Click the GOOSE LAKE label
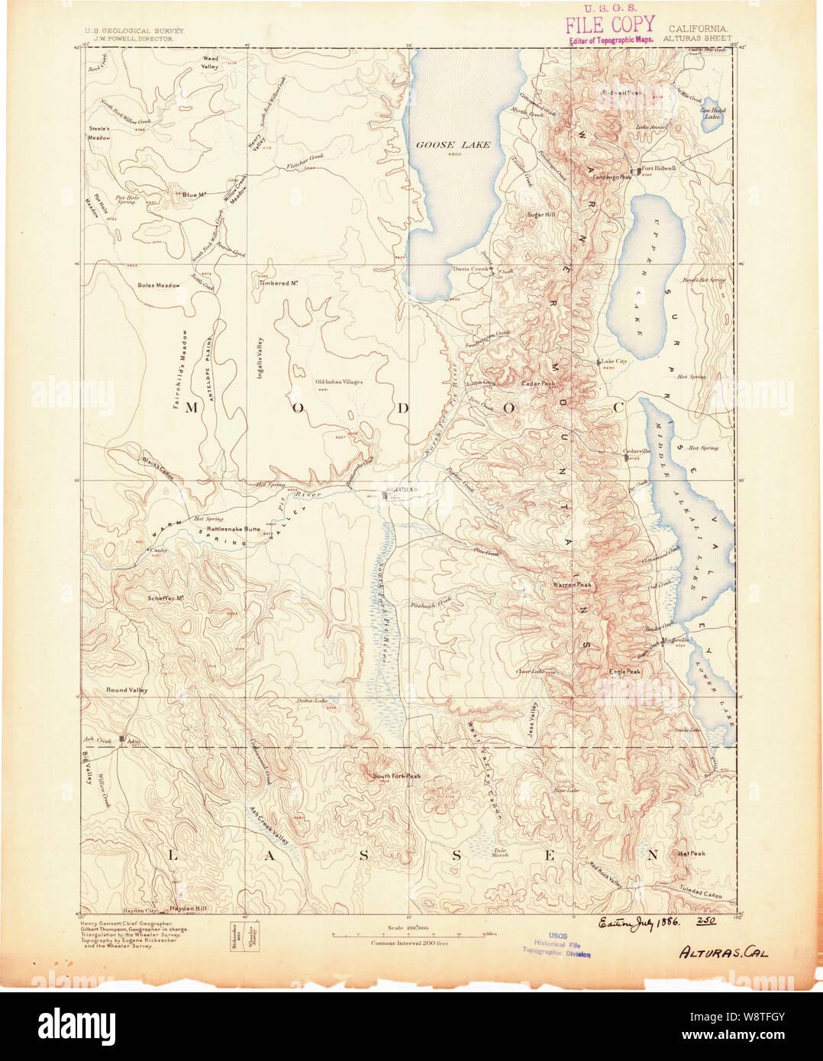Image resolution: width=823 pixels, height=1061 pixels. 453,144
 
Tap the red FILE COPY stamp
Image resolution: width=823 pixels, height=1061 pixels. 610,24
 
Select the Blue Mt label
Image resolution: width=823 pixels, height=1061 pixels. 195,195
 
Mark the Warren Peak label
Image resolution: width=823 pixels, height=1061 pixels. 573,585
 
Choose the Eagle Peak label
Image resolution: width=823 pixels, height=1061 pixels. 625,672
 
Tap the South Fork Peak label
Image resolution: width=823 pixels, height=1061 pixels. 396,776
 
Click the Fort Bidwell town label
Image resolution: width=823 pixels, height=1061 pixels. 657,169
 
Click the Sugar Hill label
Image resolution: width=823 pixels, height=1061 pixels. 541,215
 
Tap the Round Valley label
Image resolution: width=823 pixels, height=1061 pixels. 127,690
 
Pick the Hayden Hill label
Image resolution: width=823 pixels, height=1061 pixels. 189,909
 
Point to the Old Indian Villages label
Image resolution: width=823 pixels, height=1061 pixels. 339,382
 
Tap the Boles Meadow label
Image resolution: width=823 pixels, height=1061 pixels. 159,285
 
